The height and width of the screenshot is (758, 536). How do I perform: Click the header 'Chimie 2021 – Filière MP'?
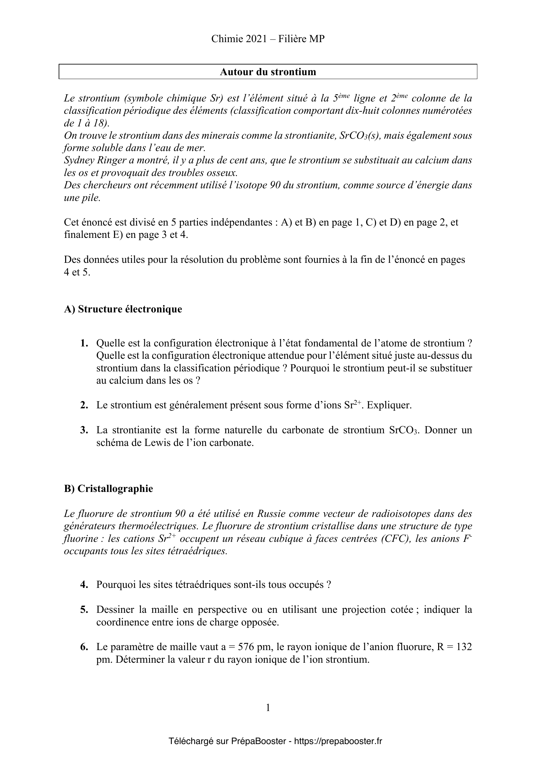[268, 39]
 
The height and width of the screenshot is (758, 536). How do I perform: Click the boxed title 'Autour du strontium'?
[268, 72]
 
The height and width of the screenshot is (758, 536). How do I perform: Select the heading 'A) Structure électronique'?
[123, 309]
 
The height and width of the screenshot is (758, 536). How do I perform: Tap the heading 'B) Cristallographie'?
[108, 489]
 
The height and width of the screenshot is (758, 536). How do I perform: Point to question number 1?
[84, 343]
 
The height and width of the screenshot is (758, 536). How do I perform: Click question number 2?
[84, 405]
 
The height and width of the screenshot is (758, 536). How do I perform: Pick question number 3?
[84, 430]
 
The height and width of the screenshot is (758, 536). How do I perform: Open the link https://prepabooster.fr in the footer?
[338, 741]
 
